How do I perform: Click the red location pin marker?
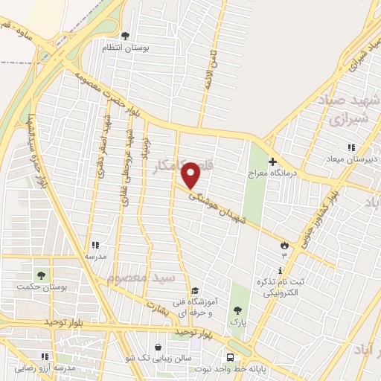tap(192, 176)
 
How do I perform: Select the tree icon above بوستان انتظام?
tap(125, 34)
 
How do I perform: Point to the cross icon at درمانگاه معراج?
tap(272, 161)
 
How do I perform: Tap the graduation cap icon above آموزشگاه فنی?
tap(194, 291)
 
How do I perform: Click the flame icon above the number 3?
tap(284, 245)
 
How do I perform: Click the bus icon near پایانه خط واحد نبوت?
tap(230, 356)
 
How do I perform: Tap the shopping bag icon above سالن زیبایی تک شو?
tap(159, 347)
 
